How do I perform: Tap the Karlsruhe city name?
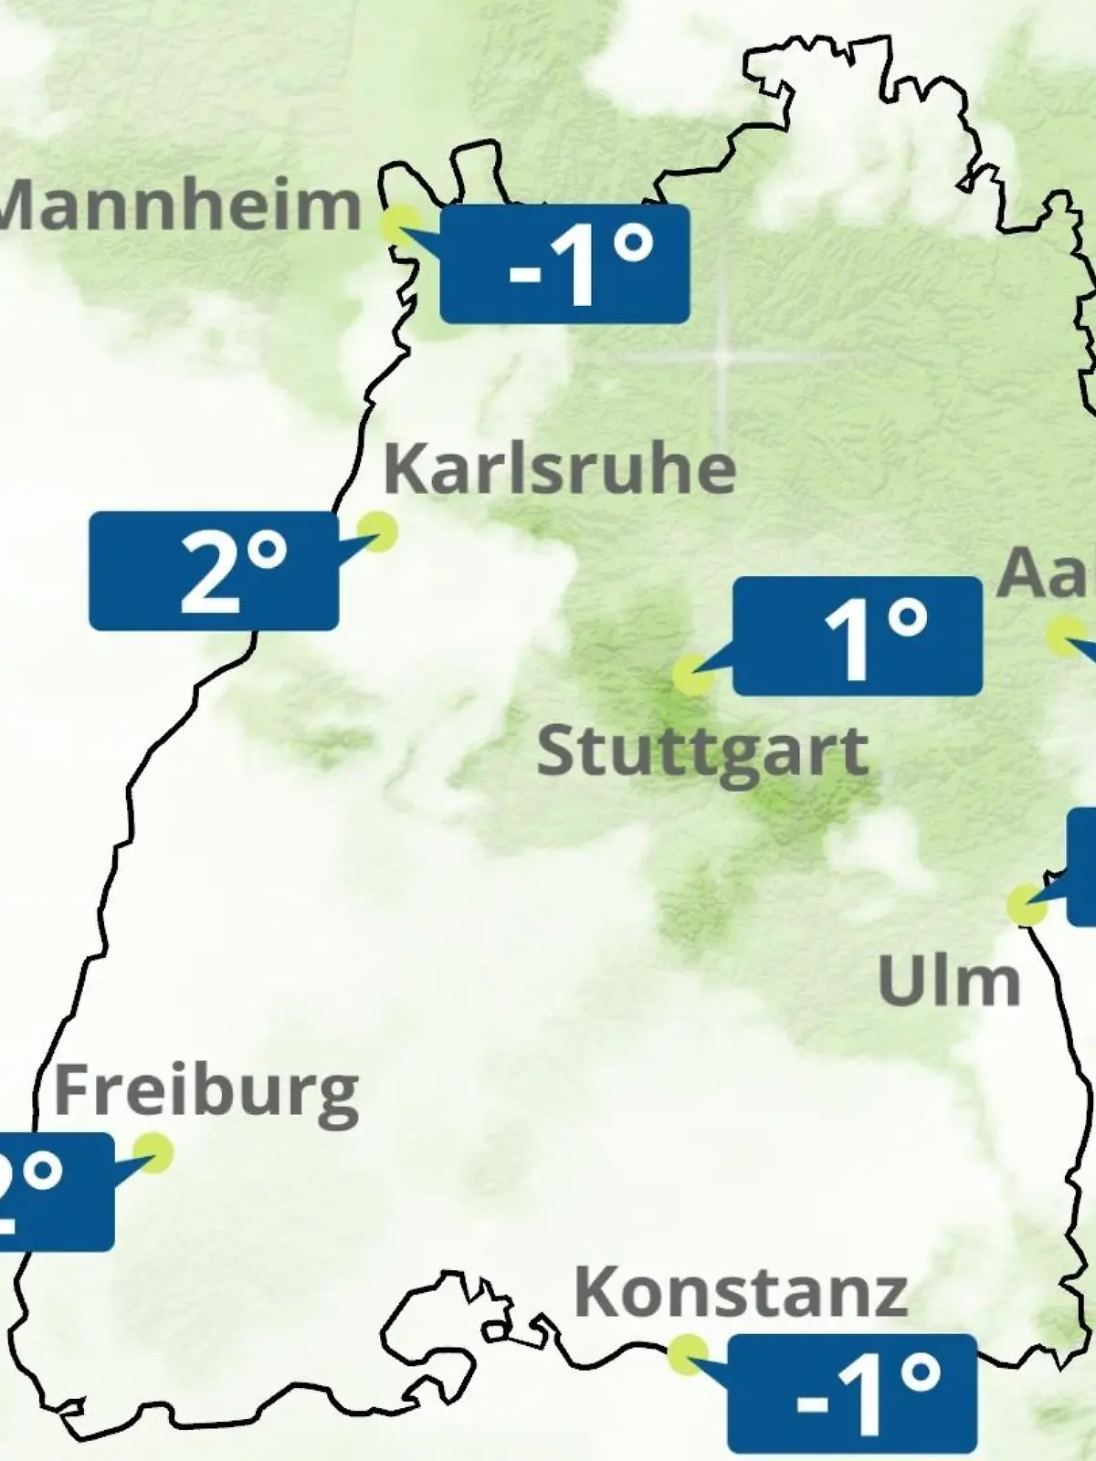click(x=559, y=468)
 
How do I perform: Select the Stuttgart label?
click(x=701, y=752)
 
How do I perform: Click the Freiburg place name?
click(x=206, y=1092)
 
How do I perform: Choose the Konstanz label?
click(x=740, y=1291)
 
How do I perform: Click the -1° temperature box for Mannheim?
click(x=564, y=264)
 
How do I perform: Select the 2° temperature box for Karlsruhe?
click(x=214, y=571)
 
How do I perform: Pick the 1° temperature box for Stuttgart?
click(x=857, y=636)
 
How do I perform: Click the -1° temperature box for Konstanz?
click(x=851, y=1393)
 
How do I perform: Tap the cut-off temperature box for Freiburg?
click(x=55, y=1191)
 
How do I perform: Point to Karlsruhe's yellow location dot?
click(x=376, y=531)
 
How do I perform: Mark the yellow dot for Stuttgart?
click(x=692, y=676)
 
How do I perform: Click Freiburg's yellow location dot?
click(x=153, y=1152)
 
